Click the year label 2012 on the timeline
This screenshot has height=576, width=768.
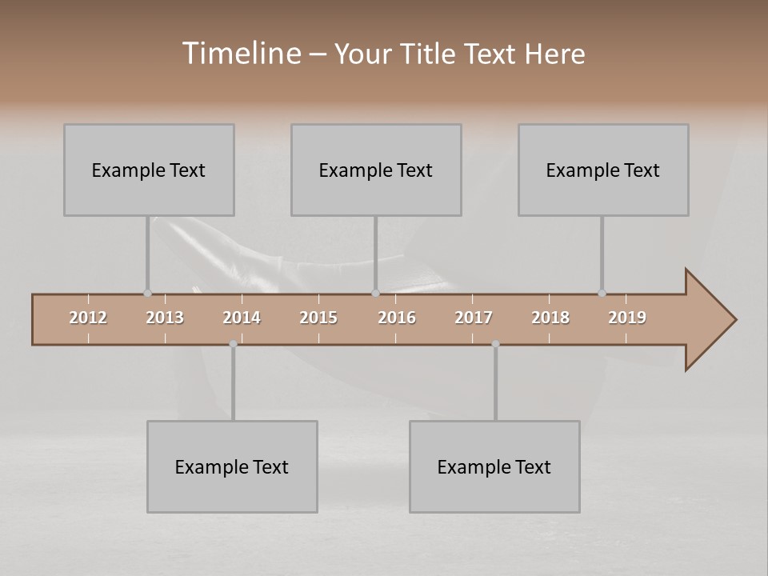pyautogui.click(x=88, y=318)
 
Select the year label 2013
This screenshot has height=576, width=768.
pyautogui.click(x=165, y=318)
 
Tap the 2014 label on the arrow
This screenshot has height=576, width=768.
pyautogui.click(x=242, y=318)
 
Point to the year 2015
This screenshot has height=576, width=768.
pyautogui.click(x=318, y=318)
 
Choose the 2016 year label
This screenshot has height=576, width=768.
pyautogui.click(x=397, y=318)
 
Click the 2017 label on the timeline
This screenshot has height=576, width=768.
pyautogui.click(x=474, y=318)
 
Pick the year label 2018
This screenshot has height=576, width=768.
pyautogui.click(x=550, y=318)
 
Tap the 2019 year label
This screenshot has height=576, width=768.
pyautogui.click(x=627, y=318)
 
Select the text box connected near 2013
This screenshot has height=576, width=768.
pyautogui.click(x=149, y=170)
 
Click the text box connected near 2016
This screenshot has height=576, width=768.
pyautogui.click(x=376, y=170)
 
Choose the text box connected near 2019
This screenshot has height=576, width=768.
pyautogui.click(x=603, y=170)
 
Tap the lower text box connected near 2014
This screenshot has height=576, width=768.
pyautogui.click(x=232, y=466)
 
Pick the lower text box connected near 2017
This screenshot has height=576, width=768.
pyautogui.click(x=494, y=466)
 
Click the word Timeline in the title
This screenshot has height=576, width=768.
pyautogui.click(x=241, y=54)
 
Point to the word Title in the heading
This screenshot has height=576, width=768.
pyautogui.click(x=430, y=54)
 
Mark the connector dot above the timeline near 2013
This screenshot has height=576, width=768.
pyautogui.click(x=147, y=294)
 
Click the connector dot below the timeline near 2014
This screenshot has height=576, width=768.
pyautogui.click(x=233, y=344)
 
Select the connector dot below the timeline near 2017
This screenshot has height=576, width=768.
pyautogui.click(x=495, y=344)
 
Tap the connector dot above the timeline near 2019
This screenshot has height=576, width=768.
pyautogui.click(x=602, y=294)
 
